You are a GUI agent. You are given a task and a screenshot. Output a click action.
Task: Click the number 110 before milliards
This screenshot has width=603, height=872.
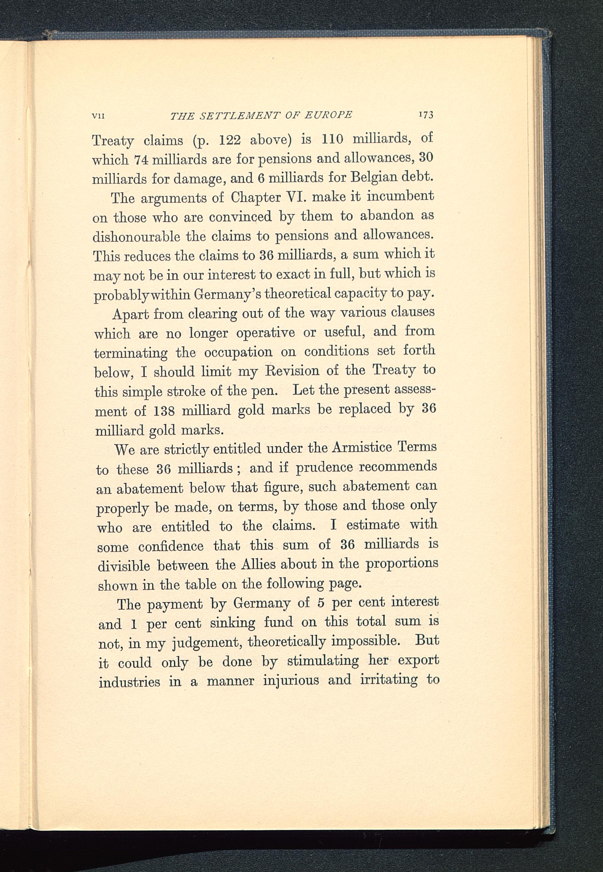tap(333, 139)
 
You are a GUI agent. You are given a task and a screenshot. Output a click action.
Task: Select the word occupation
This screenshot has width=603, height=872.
tap(238, 352)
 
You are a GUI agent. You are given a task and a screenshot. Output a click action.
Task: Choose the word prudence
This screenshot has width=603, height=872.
tap(324, 468)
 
